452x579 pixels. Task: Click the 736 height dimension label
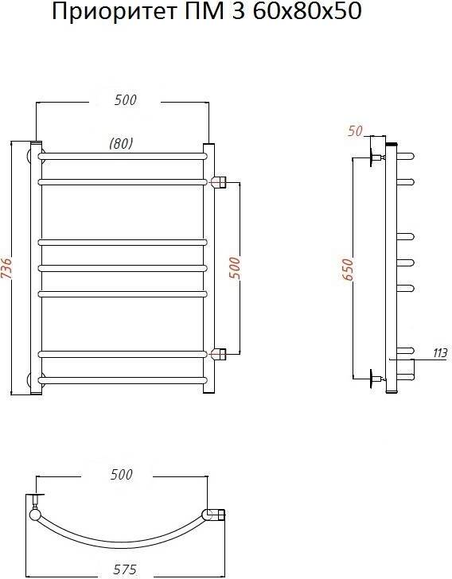pyautogui.click(x=7, y=269)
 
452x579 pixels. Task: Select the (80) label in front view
pyautogui.click(x=121, y=143)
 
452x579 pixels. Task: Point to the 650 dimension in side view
pyautogui.click(x=348, y=270)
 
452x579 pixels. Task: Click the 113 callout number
pyautogui.click(x=440, y=353)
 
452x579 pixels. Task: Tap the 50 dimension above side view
pyautogui.click(x=355, y=130)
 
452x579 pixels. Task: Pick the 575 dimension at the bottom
pyautogui.click(x=125, y=569)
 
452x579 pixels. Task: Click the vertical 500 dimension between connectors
pyautogui.click(x=235, y=269)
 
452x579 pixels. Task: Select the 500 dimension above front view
pyautogui.click(x=125, y=99)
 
